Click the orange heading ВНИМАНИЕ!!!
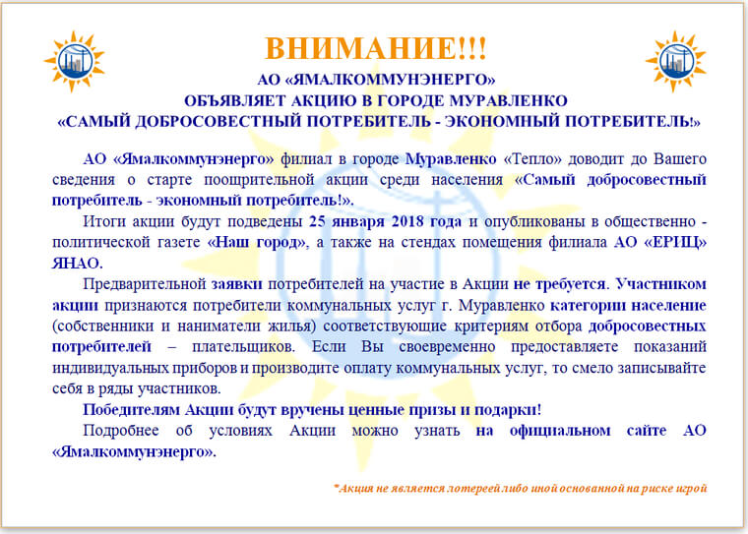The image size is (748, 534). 375,47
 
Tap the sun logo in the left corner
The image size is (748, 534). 75,61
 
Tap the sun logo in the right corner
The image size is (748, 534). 675,61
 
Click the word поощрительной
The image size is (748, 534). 259,180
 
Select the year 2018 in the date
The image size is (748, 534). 407,221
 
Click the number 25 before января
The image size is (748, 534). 317,221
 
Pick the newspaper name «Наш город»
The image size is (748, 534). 257,242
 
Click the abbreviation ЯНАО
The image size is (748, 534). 78,264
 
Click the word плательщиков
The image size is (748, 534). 243,346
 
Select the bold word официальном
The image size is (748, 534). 560,431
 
